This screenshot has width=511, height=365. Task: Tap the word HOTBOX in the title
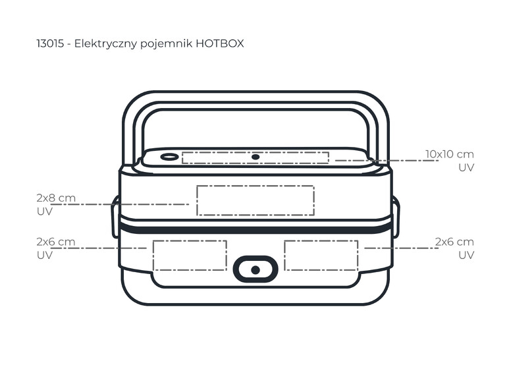(220, 43)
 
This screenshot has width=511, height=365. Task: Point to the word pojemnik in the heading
(166, 44)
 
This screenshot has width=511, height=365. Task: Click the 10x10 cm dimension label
(450, 154)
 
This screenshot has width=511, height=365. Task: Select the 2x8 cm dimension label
(56, 198)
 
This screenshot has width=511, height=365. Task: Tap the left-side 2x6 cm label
(56, 242)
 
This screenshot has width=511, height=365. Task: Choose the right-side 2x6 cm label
(454, 242)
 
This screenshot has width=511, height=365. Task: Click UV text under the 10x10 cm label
(466, 167)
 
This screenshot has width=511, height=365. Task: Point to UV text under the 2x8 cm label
(45, 211)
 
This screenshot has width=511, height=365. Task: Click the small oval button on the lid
(169, 157)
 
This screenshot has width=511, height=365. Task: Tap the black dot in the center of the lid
(255, 157)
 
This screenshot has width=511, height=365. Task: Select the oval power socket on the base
(255, 269)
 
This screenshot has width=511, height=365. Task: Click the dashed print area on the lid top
(255, 157)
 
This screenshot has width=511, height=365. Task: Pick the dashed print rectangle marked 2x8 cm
(255, 200)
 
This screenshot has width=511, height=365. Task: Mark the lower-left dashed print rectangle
(190, 256)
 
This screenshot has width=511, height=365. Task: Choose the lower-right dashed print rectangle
(321, 256)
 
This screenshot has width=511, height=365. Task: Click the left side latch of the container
(115, 216)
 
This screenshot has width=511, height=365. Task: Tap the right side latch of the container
(396, 216)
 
